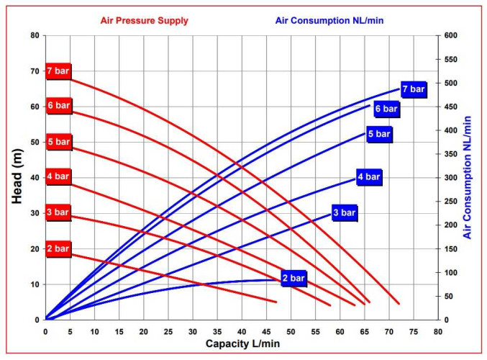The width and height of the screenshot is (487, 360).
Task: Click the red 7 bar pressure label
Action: click(58, 71)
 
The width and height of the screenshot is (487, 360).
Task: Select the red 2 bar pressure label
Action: click(58, 248)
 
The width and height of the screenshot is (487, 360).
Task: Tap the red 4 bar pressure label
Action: click(58, 176)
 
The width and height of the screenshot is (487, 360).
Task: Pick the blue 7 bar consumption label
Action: click(414, 89)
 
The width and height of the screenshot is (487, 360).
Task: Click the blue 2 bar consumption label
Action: click(294, 278)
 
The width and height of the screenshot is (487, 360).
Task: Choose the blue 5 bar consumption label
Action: click(379, 134)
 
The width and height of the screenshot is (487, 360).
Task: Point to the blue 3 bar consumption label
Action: click(344, 212)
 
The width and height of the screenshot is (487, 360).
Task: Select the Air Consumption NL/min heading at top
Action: click(329, 20)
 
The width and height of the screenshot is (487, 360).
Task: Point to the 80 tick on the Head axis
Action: click(35, 35)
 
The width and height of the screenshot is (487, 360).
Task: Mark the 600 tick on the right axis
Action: click(451, 35)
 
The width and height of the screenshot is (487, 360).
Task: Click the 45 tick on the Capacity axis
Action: click(266, 332)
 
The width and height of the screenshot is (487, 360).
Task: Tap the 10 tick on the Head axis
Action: click(35, 284)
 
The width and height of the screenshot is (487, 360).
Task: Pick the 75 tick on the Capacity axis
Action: click(414, 332)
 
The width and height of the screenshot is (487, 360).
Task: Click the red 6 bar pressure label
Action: click(58, 106)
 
